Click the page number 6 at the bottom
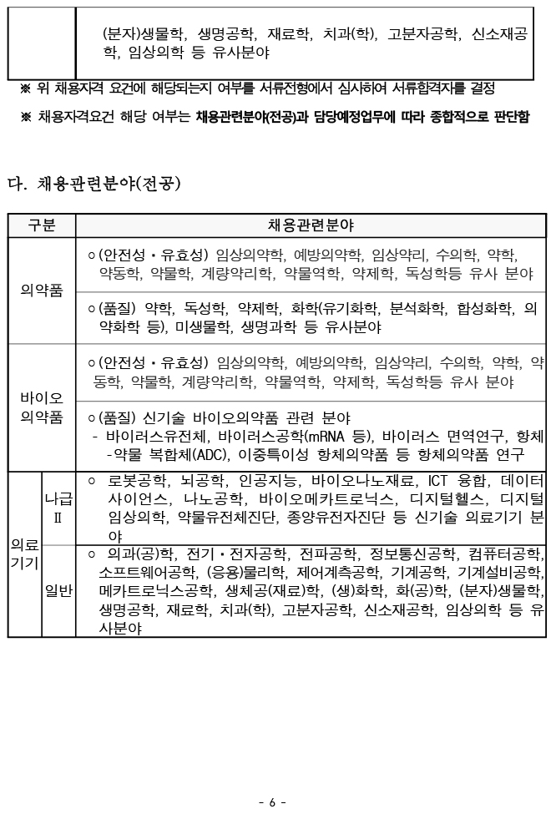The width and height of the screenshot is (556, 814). pos(273,802)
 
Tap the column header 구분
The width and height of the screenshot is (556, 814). pos(42,225)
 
